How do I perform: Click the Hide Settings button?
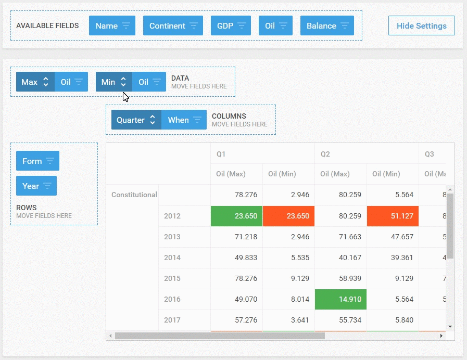421,25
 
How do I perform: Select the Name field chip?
112,25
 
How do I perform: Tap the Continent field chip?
173,25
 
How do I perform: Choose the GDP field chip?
231,25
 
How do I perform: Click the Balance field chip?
327,25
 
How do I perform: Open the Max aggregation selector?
35,82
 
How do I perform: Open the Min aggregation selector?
114,82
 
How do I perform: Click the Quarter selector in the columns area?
136,120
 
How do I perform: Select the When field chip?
184,120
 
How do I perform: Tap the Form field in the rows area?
37,161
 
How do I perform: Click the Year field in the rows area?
36,186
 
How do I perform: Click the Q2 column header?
325,154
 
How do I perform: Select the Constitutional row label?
134,195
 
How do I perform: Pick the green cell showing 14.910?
340,299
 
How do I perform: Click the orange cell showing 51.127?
393,216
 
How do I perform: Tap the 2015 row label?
172,278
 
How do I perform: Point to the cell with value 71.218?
236,237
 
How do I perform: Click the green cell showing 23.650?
236,216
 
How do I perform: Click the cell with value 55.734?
340,320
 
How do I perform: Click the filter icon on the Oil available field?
283,25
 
